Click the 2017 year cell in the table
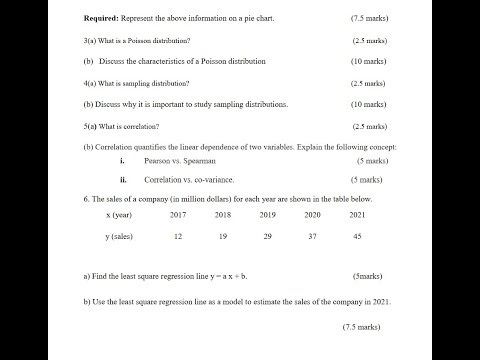(x=178, y=214)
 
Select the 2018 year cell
(x=222, y=214)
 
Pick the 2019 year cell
(x=267, y=214)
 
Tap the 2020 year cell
(x=312, y=214)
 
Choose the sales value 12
(x=178, y=236)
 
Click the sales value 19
(x=222, y=236)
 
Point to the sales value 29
(x=267, y=236)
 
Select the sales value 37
(x=312, y=236)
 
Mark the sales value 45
(x=357, y=236)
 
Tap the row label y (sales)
(x=120, y=236)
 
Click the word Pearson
(x=158, y=160)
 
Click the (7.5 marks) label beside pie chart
(x=370, y=19)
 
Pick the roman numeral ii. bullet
(x=122, y=180)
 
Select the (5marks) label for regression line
(x=367, y=275)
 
